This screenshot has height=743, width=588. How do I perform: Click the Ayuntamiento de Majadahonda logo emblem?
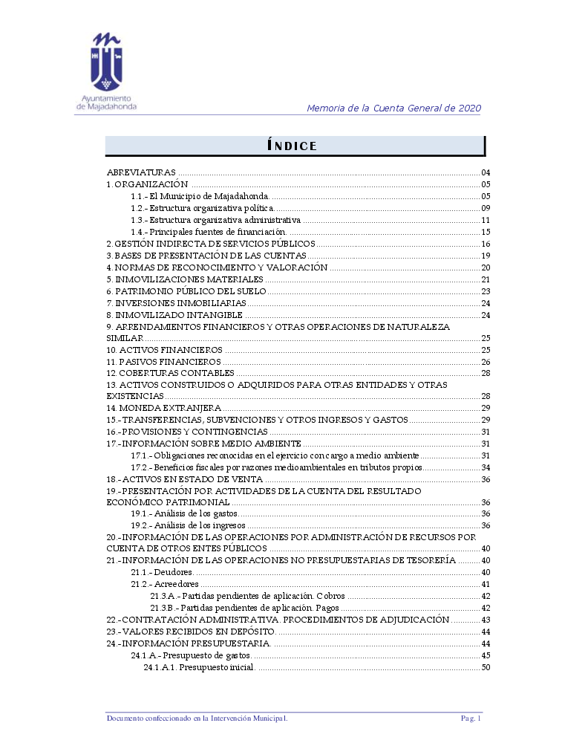[x=105, y=62]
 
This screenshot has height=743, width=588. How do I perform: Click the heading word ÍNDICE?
[x=292, y=146]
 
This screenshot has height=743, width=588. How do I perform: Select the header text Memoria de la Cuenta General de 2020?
[x=393, y=108]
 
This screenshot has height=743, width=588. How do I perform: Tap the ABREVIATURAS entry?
[x=141, y=173]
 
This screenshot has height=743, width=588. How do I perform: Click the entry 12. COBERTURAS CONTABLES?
[x=171, y=373]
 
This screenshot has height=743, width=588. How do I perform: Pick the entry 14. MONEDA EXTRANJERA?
[x=164, y=408]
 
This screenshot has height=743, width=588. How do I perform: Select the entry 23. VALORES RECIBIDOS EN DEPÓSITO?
[x=192, y=632]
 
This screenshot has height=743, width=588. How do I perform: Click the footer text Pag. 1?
[x=471, y=718]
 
